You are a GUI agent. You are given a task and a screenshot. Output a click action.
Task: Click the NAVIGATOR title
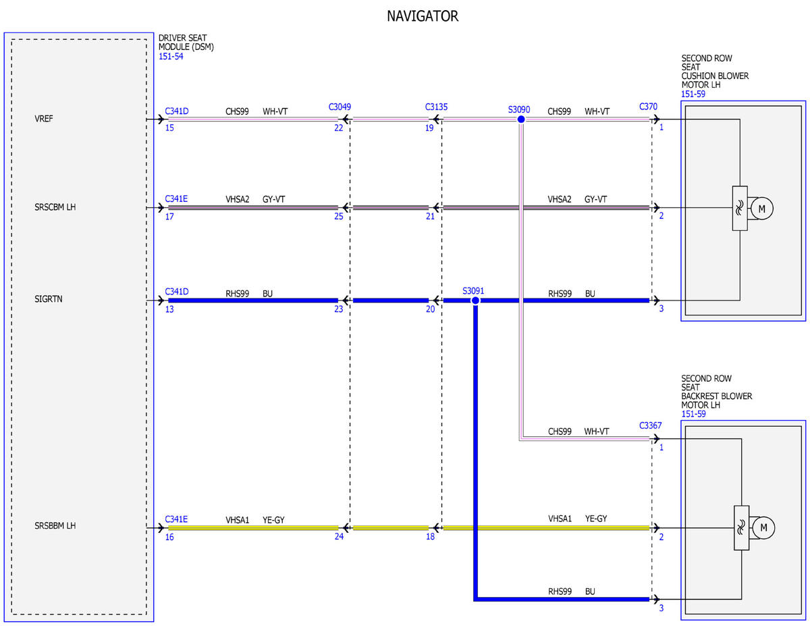pyautogui.click(x=423, y=16)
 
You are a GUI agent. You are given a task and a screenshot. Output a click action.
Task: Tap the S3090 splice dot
pyautogui.click(x=521, y=120)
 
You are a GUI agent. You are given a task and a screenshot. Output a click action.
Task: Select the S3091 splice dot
pyautogui.click(x=475, y=301)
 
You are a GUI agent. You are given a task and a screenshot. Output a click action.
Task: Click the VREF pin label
pyautogui.click(x=44, y=119)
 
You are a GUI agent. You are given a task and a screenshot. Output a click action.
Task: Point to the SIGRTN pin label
pyautogui.click(x=49, y=299)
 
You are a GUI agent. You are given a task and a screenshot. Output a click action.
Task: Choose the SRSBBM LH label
pyautogui.click(x=55, y=525)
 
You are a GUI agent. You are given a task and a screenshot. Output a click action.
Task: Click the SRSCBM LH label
pyautogui.click(x=55, y=207)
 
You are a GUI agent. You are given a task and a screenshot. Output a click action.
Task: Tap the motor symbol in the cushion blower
pyautogui.click(x=761, y=209)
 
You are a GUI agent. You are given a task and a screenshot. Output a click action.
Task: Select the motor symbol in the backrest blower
pyautogui.click(x=763, y=528)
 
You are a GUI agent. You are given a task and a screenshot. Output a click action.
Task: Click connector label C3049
pyautogui.click(x=340, y=107)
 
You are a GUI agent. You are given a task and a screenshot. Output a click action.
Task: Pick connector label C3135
pyautogui.click(x=436, y=107)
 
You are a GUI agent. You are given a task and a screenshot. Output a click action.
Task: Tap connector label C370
pyautogui.click(x=648, y=107)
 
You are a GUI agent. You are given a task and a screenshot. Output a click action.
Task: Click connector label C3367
pyautogui.click(x=651, y=426)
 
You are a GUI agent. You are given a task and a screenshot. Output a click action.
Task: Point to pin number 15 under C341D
pyautogui.click(x=169, y=128)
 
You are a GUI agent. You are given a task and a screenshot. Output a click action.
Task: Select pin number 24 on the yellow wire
pyautogui.click(x=339, y=536)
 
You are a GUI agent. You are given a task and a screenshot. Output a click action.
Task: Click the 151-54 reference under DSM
pyautogui.click(x=171, y=56)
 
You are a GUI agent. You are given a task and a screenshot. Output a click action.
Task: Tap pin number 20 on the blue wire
pyautogui.click(x=430, y=309)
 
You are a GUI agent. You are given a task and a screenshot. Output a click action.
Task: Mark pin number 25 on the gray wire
pyautogui.click(x=338, y=216)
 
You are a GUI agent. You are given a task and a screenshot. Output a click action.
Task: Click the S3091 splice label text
pyautogui.click(x=473, y=291)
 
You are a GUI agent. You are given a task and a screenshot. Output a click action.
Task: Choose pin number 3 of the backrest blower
pyautogui.click(x=661, y=608)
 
